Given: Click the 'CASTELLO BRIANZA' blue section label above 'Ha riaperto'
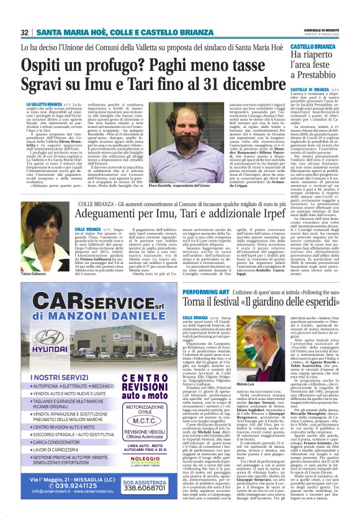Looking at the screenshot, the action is pos(314,46).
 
